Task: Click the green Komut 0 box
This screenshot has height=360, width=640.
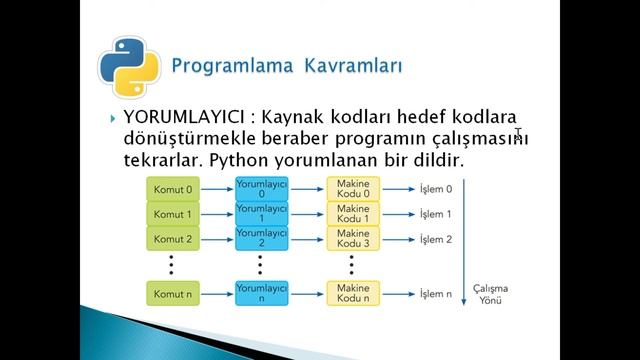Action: tap(173, 188)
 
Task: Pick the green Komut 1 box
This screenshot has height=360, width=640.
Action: tap(173, 214)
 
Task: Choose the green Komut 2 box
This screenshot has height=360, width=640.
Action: tap(173, 239)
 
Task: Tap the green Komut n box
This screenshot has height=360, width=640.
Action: tap(173, 294)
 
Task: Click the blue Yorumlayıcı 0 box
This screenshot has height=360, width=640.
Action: tap(262, 188)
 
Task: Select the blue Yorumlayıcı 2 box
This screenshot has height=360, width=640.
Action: tap(262, 239)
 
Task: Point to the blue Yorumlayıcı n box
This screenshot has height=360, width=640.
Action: tap(262, 293)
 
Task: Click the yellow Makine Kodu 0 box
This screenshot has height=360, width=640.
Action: tap(353, 188)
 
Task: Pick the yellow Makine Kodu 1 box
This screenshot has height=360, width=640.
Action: tap(353, 214)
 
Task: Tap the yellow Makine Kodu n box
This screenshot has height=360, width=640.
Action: tap(353, 293)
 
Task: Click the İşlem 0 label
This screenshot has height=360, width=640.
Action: tap(435, 188)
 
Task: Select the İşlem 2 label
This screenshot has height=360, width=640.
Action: tap(435, 239)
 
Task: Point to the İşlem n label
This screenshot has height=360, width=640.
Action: tap(435, 294)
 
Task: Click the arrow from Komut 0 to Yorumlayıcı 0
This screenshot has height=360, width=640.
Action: tap(217, 188)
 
